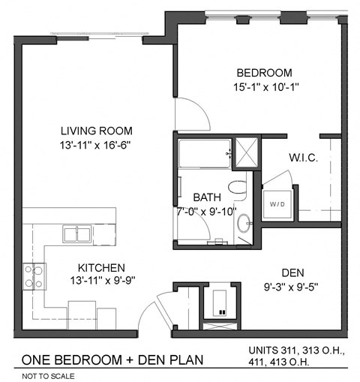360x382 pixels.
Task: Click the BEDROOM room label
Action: click(263, 73)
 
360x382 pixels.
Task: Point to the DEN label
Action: click(292, 272)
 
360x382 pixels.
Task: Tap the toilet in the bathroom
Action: click(238, 188)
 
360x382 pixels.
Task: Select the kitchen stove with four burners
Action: click(34, 275)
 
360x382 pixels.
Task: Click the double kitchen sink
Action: click(77, 234)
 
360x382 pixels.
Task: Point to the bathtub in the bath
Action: click(203, 155)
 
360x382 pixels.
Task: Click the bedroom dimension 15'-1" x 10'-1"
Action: click(263, 86)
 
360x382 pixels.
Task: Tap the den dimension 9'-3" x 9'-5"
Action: click(292, 286)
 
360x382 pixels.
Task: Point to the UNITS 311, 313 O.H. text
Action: click(295, 350)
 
